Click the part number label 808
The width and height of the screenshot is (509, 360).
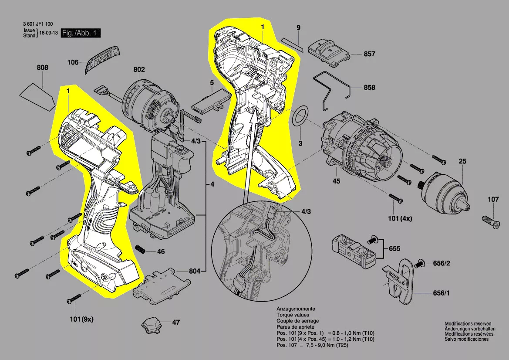43,67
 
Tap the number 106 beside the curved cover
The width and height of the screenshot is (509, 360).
73,62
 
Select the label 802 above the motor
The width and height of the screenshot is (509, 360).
139,70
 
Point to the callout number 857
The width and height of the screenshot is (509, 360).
369,54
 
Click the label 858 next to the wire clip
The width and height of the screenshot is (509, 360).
369,88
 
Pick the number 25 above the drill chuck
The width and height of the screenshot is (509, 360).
462,161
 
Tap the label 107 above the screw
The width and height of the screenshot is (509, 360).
493,199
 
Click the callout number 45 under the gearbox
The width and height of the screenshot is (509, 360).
336,181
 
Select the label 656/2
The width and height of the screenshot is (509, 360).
442,263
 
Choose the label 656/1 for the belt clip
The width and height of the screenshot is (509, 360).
442,293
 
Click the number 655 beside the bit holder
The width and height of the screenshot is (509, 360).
394,248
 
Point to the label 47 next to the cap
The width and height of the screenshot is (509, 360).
176,323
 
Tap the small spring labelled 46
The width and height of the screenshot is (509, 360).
140,250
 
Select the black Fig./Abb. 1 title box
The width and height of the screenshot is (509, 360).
81,33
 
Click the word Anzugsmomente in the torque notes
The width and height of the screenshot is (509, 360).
296,309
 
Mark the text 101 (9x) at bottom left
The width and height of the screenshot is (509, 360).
81,319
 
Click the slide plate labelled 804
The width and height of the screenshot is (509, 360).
162,285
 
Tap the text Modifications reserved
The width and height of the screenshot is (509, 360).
468,324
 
